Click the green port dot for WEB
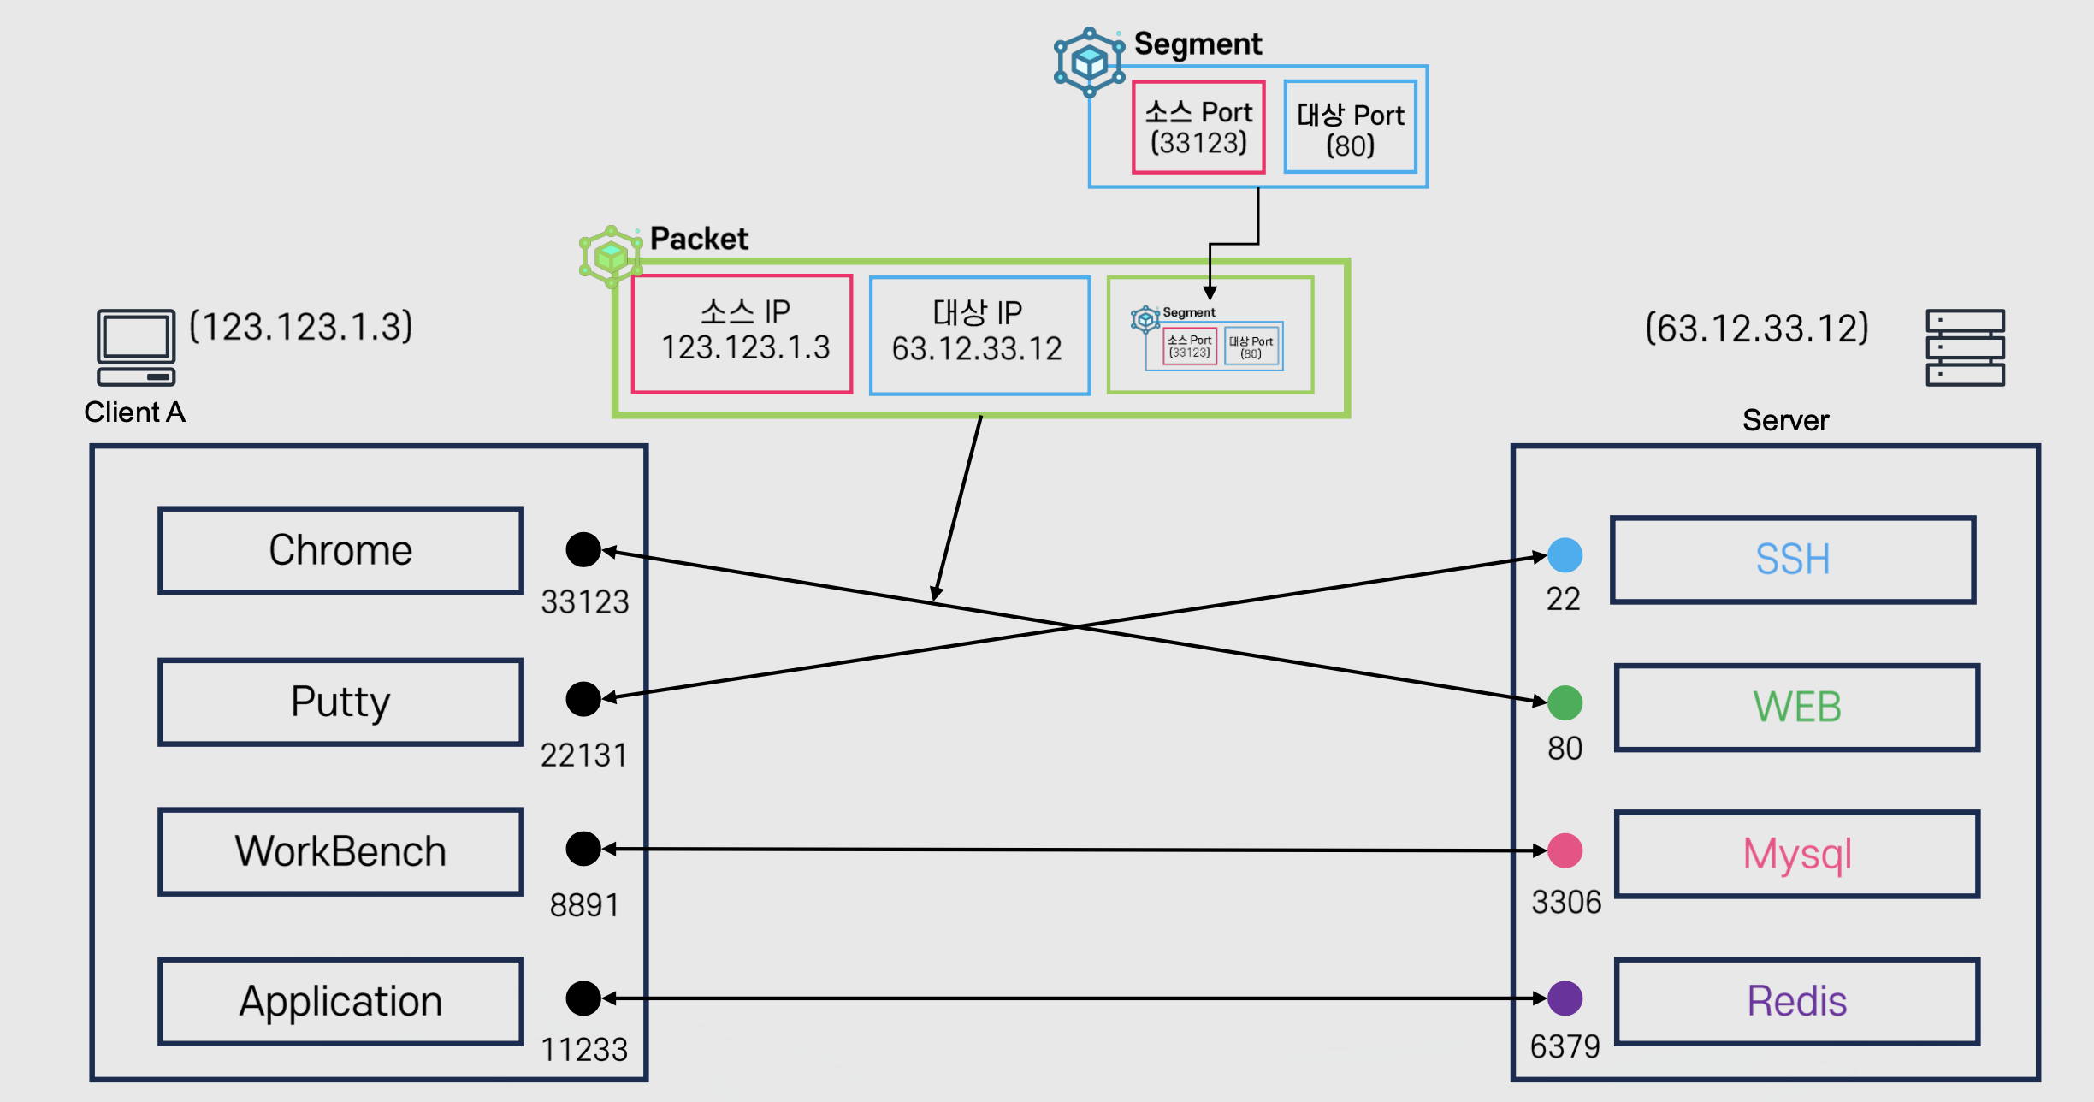coord(1565,702)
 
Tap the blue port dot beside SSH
coord(1565,554)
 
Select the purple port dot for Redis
coord(1565,998)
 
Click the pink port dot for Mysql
coord(1565,850)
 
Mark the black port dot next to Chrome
coord(583,549)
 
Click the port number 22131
coord(584,755)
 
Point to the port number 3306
coord(1566,902)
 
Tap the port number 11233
coord(584,1049)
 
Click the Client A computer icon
coord(136,347)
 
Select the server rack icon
coord(1965,347)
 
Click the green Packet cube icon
coord(611,256)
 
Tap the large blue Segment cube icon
coord(1090,62)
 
